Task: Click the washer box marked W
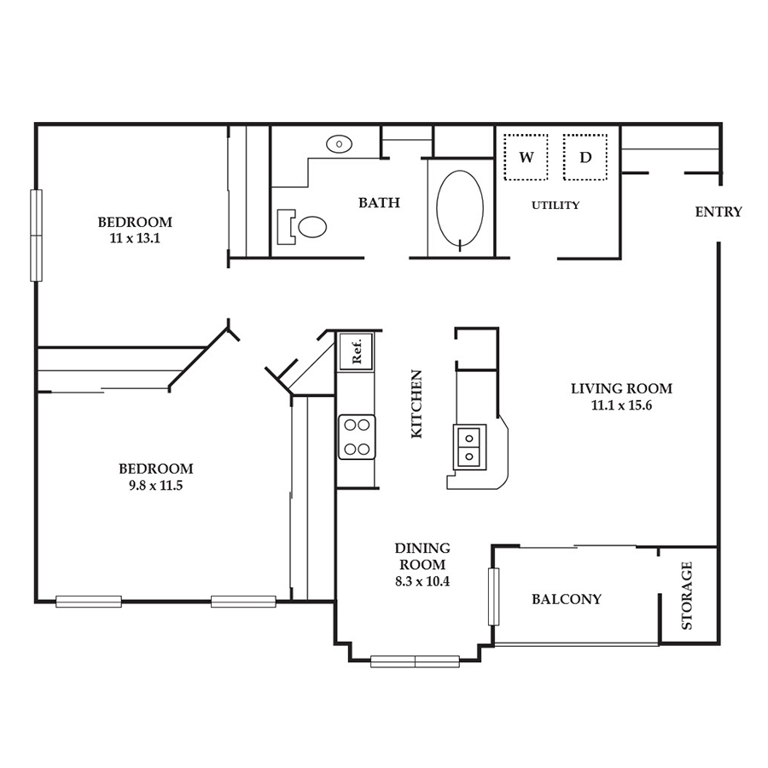click(x=526, y=157)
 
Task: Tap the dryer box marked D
click(x=585, y=157)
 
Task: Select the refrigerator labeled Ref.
click(x=356, y=352)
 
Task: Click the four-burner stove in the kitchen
click(x=357, y=437)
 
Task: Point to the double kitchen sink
click(x=469, y=446)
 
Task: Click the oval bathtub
click(x=460, y=208)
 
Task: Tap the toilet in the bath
click(x=302, y=227)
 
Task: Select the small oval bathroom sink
click(x=339, y=144)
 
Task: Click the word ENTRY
click(x=719, y=212)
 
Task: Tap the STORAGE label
click(x=687, y=595)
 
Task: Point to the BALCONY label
click(x=567, y=599)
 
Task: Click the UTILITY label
click(x=556, y=205)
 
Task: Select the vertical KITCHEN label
click(x=416, y=404)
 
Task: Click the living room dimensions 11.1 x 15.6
click(x=621, y=405)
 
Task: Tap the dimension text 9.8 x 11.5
click(x=156, y=486)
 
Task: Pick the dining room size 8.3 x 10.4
click(x=422, y=581)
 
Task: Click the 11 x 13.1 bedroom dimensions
click(x=135, y=239)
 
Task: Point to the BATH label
click(x=379, y=202)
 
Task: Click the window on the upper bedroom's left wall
click(x=36, y=236)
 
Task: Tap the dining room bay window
click(x=415, y=661)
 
